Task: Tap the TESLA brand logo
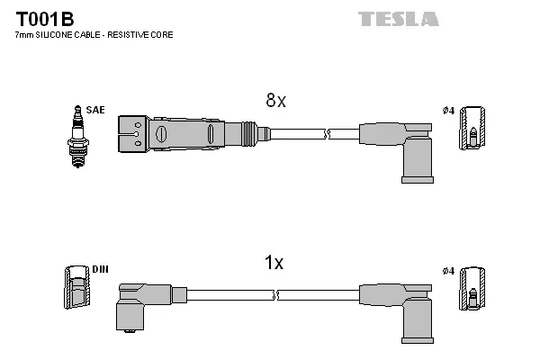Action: (x=398, y=19)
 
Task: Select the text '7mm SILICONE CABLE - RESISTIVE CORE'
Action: (x=94, y=35)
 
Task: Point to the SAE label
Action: (x=96, y=110)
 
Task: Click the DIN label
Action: (x=100, y=269)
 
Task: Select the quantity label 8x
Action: (x=274, y=102)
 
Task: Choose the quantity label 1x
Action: (x=274, y=263)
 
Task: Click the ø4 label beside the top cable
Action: (x=448, y=111)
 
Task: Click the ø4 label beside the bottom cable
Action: (x=448, y=270)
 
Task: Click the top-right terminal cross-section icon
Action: (x=472, y=130)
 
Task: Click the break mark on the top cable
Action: (x=328, y=134)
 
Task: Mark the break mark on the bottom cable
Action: (x=275, y=294)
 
